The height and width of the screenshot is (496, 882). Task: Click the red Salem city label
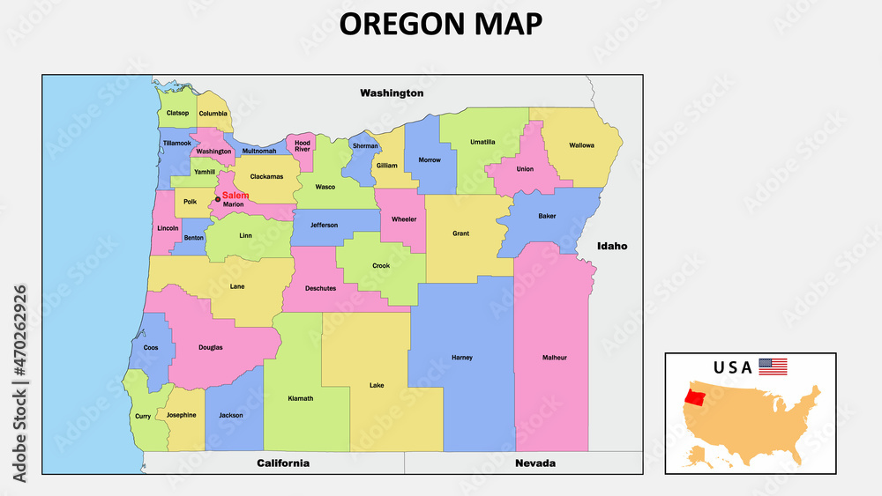click(x=235, y=196)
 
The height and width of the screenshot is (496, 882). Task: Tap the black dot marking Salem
click(x=218, y=199)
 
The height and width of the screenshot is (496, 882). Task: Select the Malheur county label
click(x=554, y=358)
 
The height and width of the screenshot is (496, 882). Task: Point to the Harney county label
click(x=462, y=358)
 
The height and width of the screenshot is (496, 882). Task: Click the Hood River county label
click(x=303, y=145)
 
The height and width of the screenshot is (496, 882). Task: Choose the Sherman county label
click(x=364, y=145)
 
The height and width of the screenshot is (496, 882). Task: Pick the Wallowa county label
click(x=581, y=145)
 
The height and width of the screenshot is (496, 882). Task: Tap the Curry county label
click(x=143, y=416)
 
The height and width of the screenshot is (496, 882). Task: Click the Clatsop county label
click(x=177, y=114)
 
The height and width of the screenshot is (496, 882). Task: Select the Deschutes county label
click(x=320, y=288)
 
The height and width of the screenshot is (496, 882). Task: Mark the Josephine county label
click(x=181, y=415)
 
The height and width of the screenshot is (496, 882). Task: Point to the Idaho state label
click(x=611, y=247)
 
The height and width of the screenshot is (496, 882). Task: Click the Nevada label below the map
click(x=536, y=463)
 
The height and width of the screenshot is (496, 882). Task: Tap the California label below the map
click(x=283, y=463)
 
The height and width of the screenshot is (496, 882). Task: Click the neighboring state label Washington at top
click(x=392, y=93)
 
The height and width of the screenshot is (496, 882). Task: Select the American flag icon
click(x=773, y=366)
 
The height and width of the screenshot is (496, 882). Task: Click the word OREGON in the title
click(x=394, y=24)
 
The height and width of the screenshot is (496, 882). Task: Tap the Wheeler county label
click(x=404, y=219)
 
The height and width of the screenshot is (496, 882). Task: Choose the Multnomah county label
click(x=258, y=152)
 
